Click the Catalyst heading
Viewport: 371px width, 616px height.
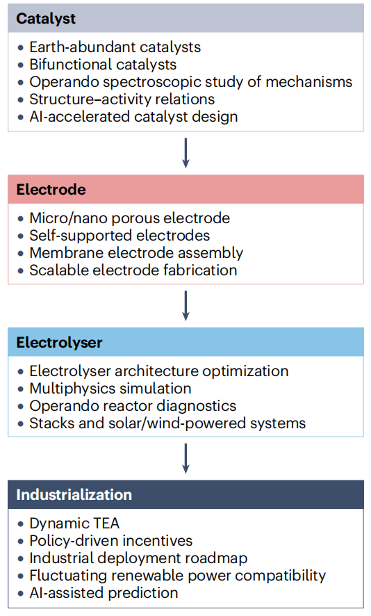pos(46,19)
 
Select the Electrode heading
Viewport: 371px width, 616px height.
pos(51,189)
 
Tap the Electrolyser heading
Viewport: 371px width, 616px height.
pos(59,343)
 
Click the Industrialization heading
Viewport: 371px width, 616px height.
pos(74,494)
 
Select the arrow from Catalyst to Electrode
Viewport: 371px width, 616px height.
pos(185,153)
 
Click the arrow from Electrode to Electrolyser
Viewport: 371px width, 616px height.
pos(185,306)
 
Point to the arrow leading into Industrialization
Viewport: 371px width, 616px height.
pos(185,458)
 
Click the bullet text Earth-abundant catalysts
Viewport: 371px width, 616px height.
pos(115,47)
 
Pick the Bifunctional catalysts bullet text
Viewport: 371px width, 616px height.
pos(103,65)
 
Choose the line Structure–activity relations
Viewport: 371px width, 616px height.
pos(122,99)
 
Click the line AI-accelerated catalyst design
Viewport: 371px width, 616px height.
pos(133,117)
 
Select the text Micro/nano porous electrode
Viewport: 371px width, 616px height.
pos(129,218)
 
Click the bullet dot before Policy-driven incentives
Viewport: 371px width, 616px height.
pos(21,542)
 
